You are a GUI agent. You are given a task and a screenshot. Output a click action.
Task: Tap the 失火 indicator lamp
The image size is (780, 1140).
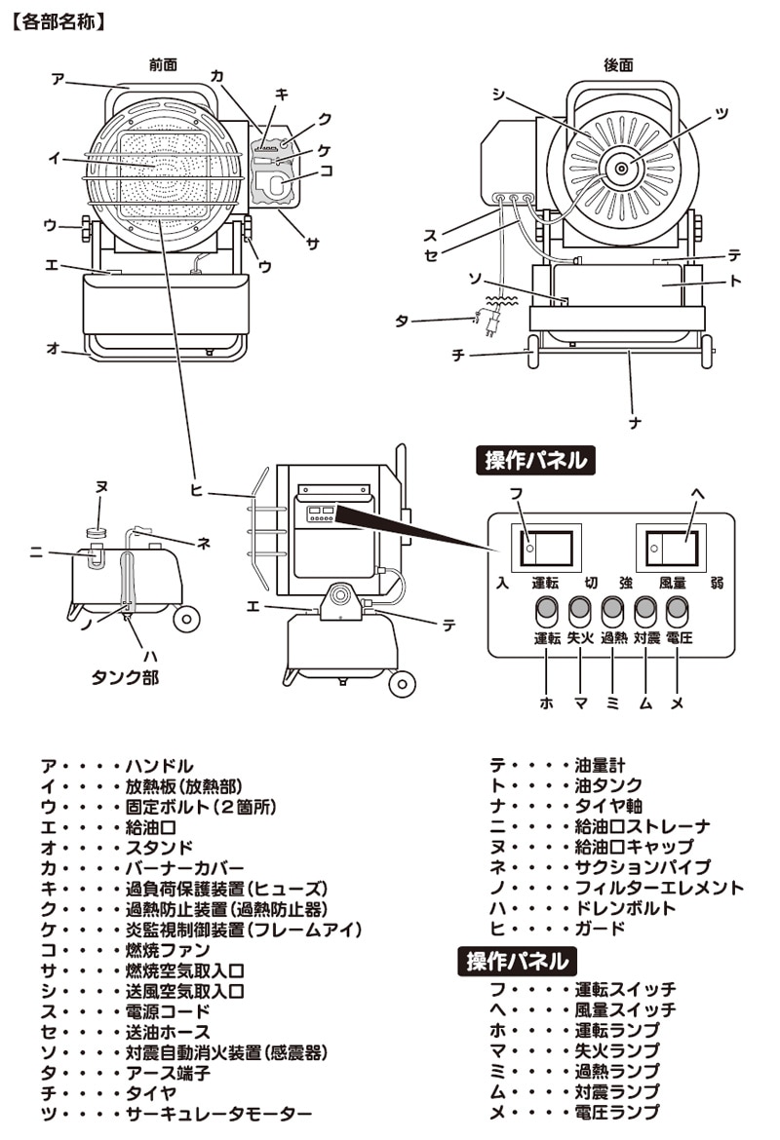(x=579, y=611)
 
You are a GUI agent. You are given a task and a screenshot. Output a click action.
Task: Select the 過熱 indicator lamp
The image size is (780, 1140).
(x=612, y=611)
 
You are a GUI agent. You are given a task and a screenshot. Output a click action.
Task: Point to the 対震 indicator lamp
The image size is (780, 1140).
(x=645, y=611)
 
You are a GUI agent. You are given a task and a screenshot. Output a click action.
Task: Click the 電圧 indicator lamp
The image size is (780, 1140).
(x=678, y=611)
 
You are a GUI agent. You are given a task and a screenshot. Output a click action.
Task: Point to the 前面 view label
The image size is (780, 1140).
(x=163, y=64)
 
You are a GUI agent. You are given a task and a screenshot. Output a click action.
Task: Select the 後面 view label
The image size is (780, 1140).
(x=618, y=64)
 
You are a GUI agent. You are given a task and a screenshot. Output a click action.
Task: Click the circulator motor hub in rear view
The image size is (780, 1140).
(x=621, y=169)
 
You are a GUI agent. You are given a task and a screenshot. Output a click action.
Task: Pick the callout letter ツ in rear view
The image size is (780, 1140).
(x=721, y=113)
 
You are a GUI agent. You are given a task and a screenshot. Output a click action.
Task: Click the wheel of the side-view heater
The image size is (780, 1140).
(x=402, y=683)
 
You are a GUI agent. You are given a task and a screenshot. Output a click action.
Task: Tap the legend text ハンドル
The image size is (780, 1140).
(x=160, y=766)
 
